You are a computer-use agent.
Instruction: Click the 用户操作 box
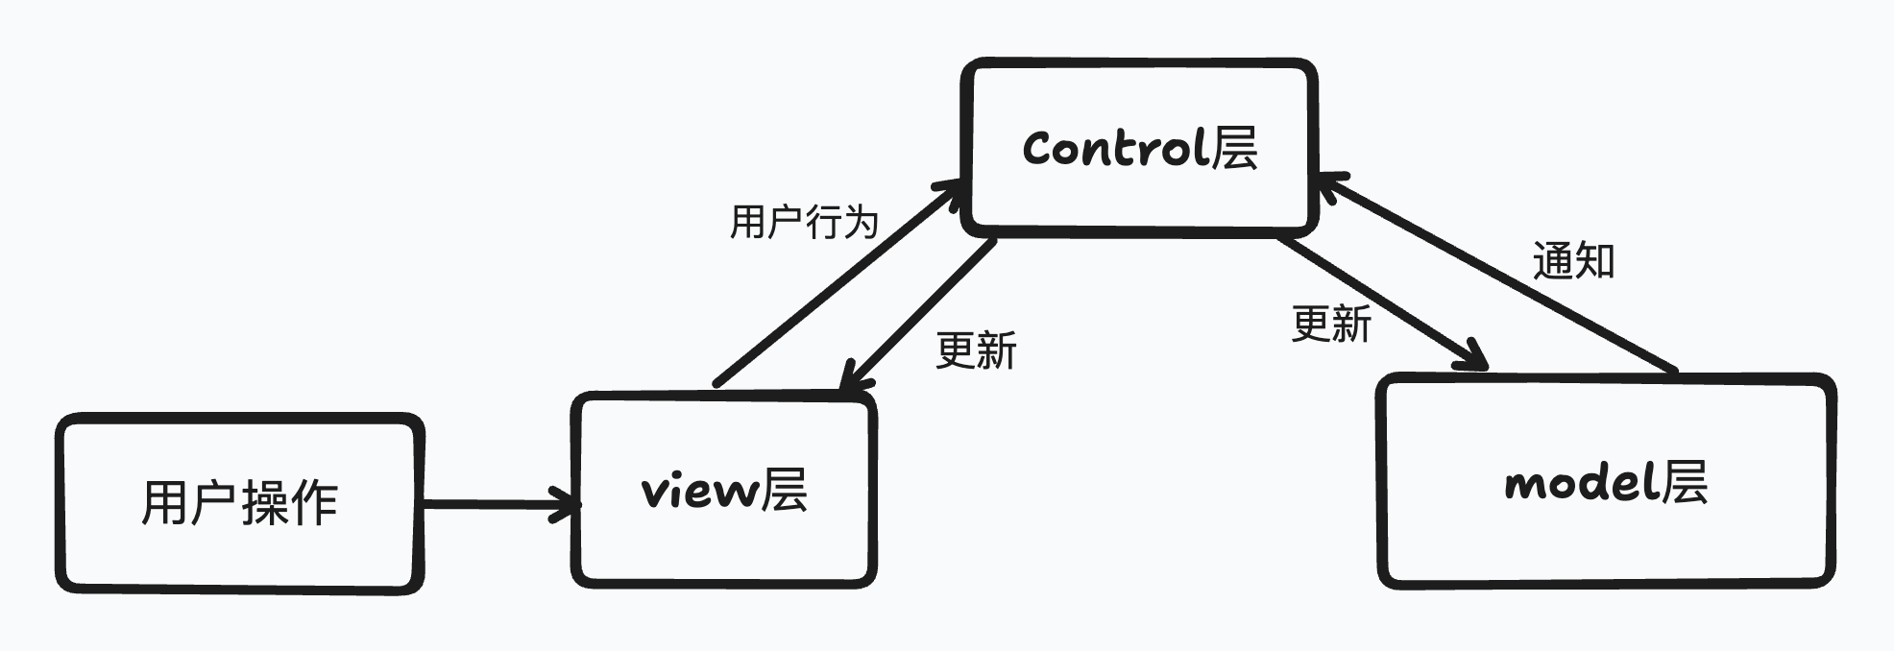click(x=239, y=503)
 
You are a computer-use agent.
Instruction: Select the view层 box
click(x=724, y=489)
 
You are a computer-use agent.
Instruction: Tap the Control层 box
click(x=1139, y=147)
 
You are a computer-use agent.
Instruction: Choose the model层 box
click(x=1606, y=481)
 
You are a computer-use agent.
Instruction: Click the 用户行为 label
click(x=804, y=222)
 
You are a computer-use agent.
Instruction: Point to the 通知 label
click(x=1573, y=261)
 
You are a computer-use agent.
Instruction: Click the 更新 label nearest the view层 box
click(x=976, y=350)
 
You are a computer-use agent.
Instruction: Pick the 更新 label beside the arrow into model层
click(x=1331, y=324)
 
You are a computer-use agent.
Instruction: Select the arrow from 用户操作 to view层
click(x=495, y=503)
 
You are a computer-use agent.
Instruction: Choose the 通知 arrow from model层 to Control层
click(x=1498, y=273)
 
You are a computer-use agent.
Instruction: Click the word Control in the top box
click(x=1114, y=149)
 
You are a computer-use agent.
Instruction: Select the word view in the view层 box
click(x=696, y=491)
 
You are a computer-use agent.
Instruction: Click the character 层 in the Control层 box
click(x=1234, y=149)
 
